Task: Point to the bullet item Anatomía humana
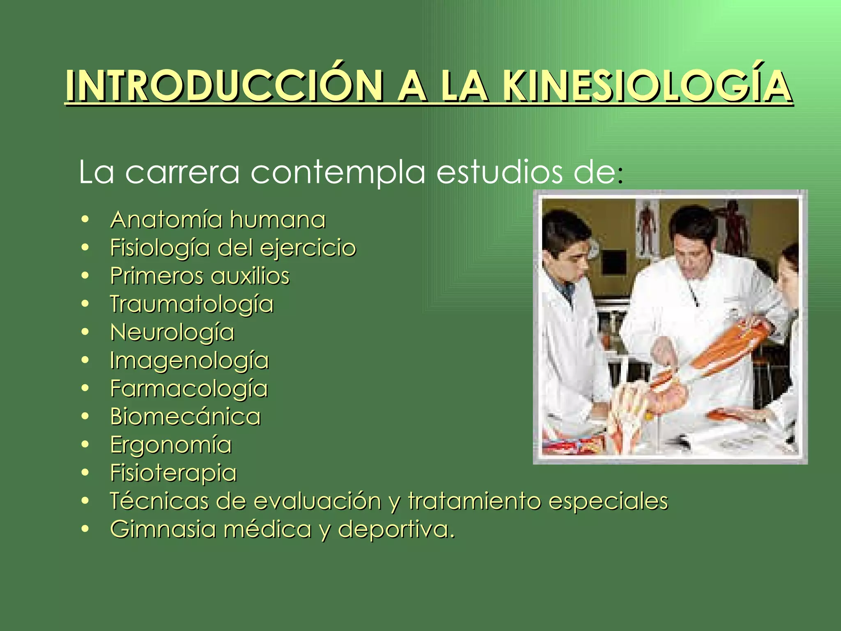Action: (x=218, y=219)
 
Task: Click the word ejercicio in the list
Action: (x=308, y=248)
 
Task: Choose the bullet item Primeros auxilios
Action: (x=200, y=276)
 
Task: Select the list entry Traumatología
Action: (x=191, y=304)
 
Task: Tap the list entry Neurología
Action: (x=172, y=332)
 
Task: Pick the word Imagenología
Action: (x=189, y=361)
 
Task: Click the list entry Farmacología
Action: (x=189, y=389)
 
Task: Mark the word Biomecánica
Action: (x=185, y=417)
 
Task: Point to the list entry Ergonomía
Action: (x=171, y=445)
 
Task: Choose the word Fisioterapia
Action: (x=173, y=473)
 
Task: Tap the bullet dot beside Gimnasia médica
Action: (x=85, y=529)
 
